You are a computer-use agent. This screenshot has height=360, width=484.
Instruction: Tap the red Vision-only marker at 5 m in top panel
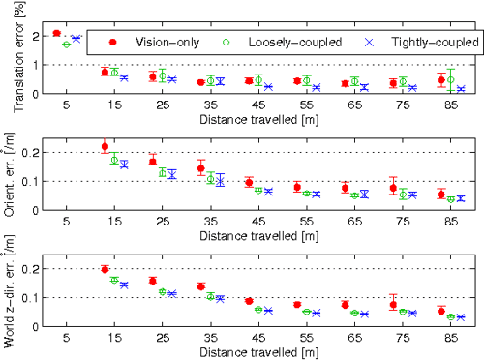(x=56, y=33)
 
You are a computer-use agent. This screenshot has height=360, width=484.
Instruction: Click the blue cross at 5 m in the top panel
(x=76, y=38)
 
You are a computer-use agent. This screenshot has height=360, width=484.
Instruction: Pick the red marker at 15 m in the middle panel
(x=105, y=147)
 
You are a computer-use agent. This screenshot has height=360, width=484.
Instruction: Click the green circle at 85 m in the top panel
(x=451, y=78)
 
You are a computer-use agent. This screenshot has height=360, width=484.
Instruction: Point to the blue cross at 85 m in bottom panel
(x=461, y=317)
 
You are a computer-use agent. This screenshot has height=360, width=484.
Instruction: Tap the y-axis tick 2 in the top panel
(x=34, y=36)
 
